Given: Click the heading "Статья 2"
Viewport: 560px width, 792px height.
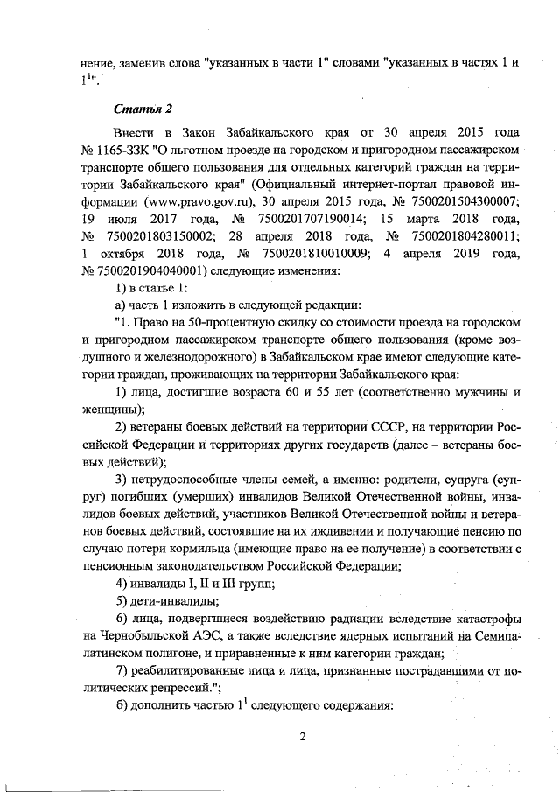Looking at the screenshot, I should [143, 109].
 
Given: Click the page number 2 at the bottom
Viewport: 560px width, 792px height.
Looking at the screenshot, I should [301, 736].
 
